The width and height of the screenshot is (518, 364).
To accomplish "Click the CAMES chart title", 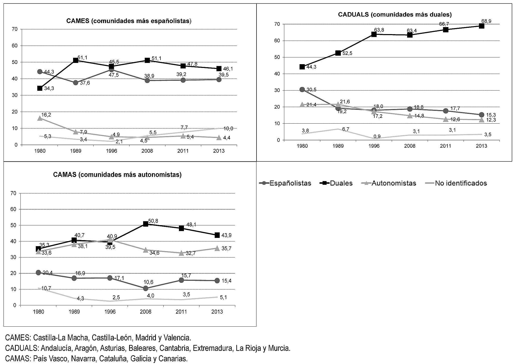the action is (x=129, y=21).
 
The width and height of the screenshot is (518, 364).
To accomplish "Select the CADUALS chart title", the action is (x=395, y=15).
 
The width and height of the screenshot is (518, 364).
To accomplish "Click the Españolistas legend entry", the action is (x=285, y=183).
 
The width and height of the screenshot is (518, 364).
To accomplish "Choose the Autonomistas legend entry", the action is (x=389, y=183).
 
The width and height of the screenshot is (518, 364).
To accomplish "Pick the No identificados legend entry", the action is (x=456, y=183).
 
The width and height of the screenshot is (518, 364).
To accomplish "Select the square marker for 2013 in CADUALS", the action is (x=481, y=26).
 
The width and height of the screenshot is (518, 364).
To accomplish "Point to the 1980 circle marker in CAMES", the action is (x=40, y=71).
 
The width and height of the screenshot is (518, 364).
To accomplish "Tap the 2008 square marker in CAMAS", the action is (x=145, y=224).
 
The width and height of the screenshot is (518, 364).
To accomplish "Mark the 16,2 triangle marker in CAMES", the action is (x=40, y=118).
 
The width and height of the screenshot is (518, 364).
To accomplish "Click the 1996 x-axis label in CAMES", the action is (x=111, y=151).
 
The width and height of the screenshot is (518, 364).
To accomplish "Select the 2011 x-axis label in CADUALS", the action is (x=446, y=146).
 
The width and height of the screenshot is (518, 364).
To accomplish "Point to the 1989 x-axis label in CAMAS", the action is (x=74, y=312).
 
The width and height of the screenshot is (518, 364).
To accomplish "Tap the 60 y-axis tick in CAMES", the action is (x=15, y=46).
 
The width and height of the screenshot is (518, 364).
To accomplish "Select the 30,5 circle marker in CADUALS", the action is (x=302, y=89).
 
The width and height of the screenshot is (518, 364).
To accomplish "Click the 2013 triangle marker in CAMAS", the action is (x=217, y=248).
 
